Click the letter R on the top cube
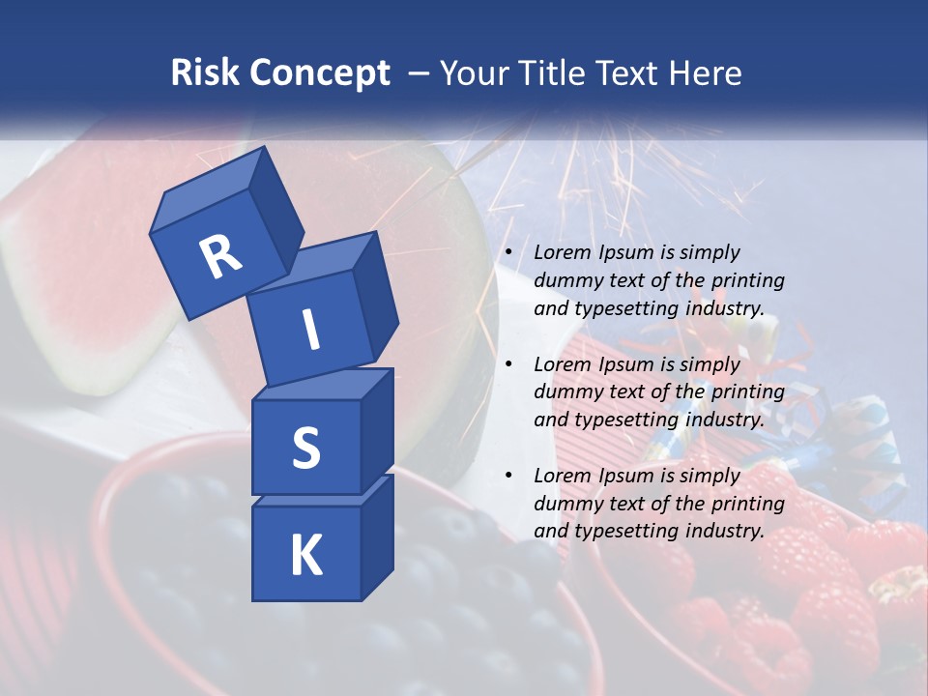220,257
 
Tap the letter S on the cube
305,449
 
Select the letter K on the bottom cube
305,555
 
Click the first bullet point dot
508,253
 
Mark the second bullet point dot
508,364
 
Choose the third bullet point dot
508,476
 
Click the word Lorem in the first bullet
561,253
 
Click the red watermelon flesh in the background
77,251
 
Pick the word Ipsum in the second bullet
626,364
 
